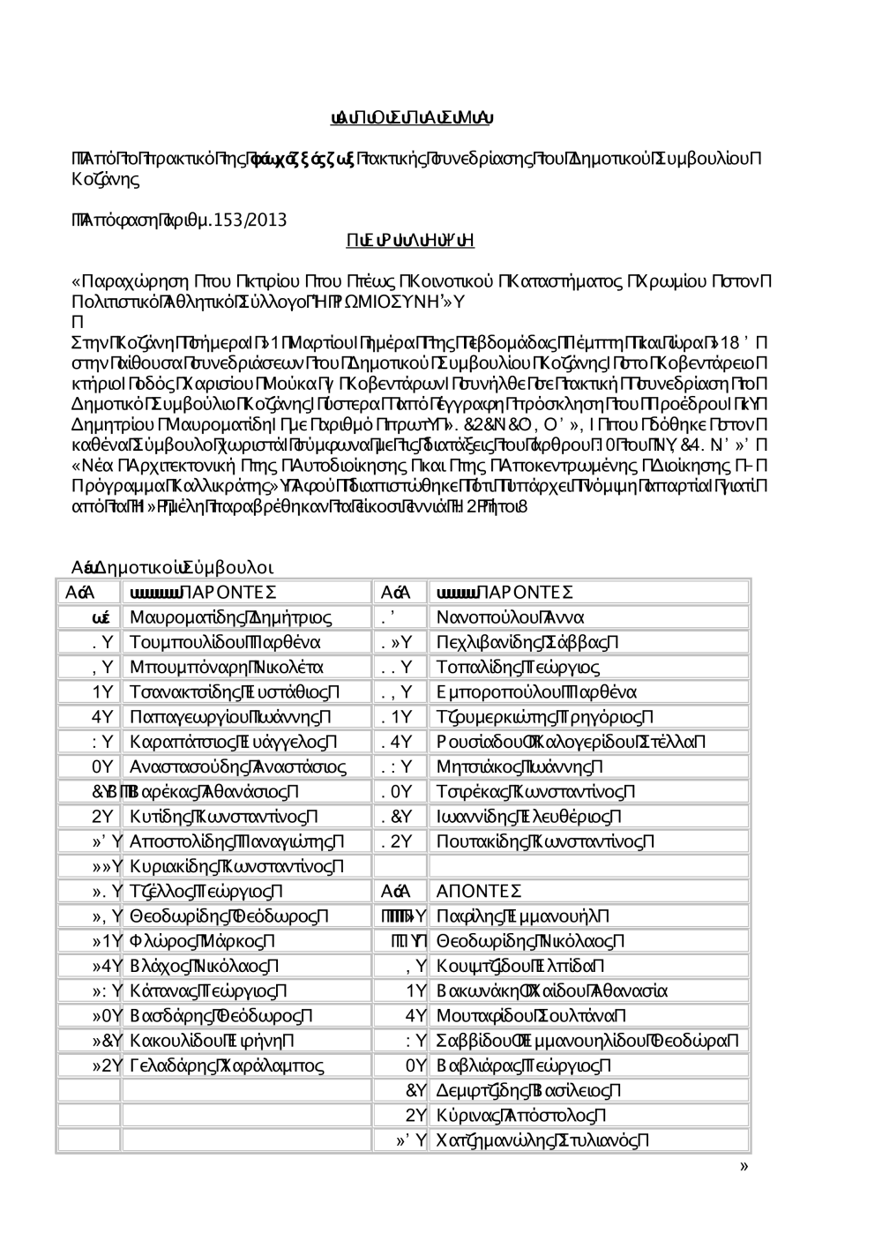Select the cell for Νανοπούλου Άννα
click(x=511, y=617)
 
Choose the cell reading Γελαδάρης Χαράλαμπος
click(x=227, y=1065)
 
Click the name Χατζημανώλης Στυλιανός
click(x=543, y=1140)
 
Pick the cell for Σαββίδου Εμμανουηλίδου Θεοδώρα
click(x=587, y=1041)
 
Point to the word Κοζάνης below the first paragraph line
click(x=105, y=180)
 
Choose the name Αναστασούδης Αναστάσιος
click(x=237, y=767)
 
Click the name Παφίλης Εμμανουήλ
click(x=522, y=916)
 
